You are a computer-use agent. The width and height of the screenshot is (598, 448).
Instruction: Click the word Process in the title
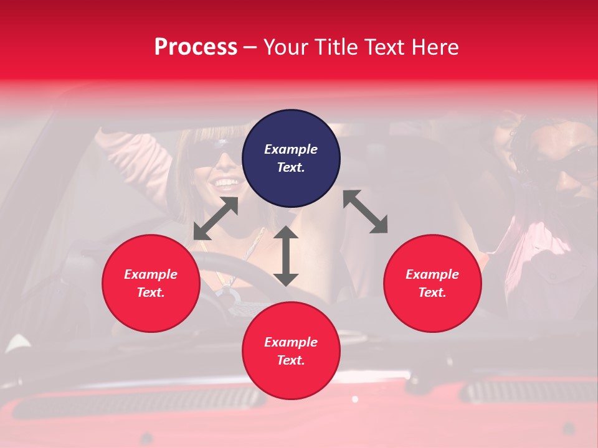coord(196,47)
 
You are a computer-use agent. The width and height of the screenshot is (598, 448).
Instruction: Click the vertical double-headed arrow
coord(286,256)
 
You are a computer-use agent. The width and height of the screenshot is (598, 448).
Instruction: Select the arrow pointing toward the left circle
coord(216,218)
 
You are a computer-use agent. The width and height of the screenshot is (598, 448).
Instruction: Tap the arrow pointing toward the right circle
coord(366,212)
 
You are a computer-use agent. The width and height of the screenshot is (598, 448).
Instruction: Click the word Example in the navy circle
coord(291,149)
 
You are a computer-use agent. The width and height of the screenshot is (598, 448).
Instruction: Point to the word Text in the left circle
coord(151,292)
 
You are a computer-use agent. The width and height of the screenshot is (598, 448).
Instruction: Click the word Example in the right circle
coord(432,274)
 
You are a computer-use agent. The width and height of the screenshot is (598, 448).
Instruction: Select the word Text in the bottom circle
coord(291,360)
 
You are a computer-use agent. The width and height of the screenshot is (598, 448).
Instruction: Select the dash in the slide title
coord(250,47)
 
